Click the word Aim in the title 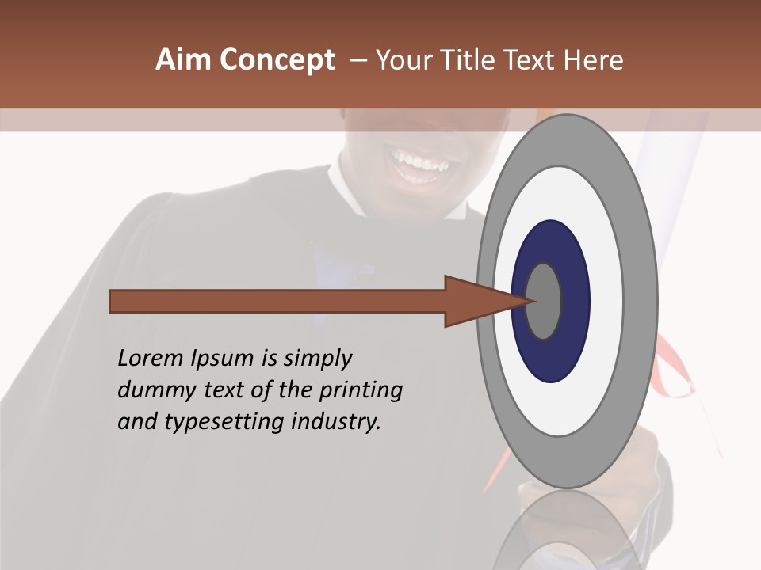(183, 60)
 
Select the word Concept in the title (277, 61)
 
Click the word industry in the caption (336, 422)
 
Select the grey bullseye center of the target (544, 301)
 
